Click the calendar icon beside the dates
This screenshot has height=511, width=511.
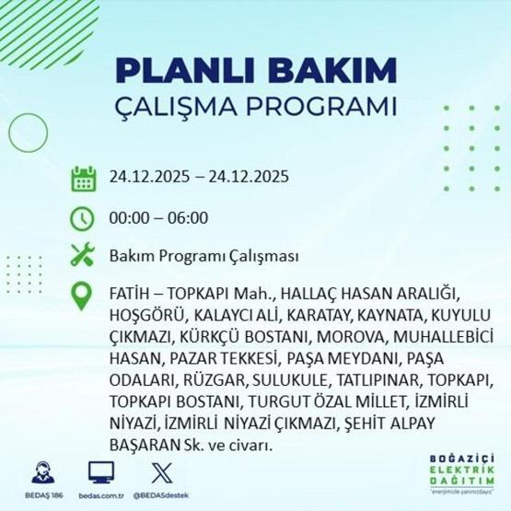click(84, 179)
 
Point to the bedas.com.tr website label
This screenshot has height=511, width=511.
click(101, 495)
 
